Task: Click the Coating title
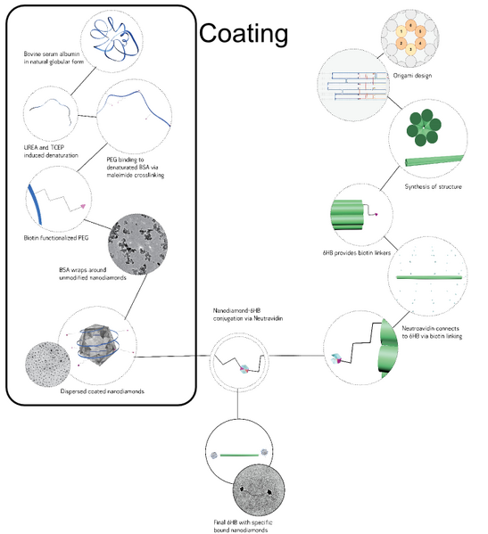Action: tap(243, 34)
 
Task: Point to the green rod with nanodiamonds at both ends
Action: tap(237, 456)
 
